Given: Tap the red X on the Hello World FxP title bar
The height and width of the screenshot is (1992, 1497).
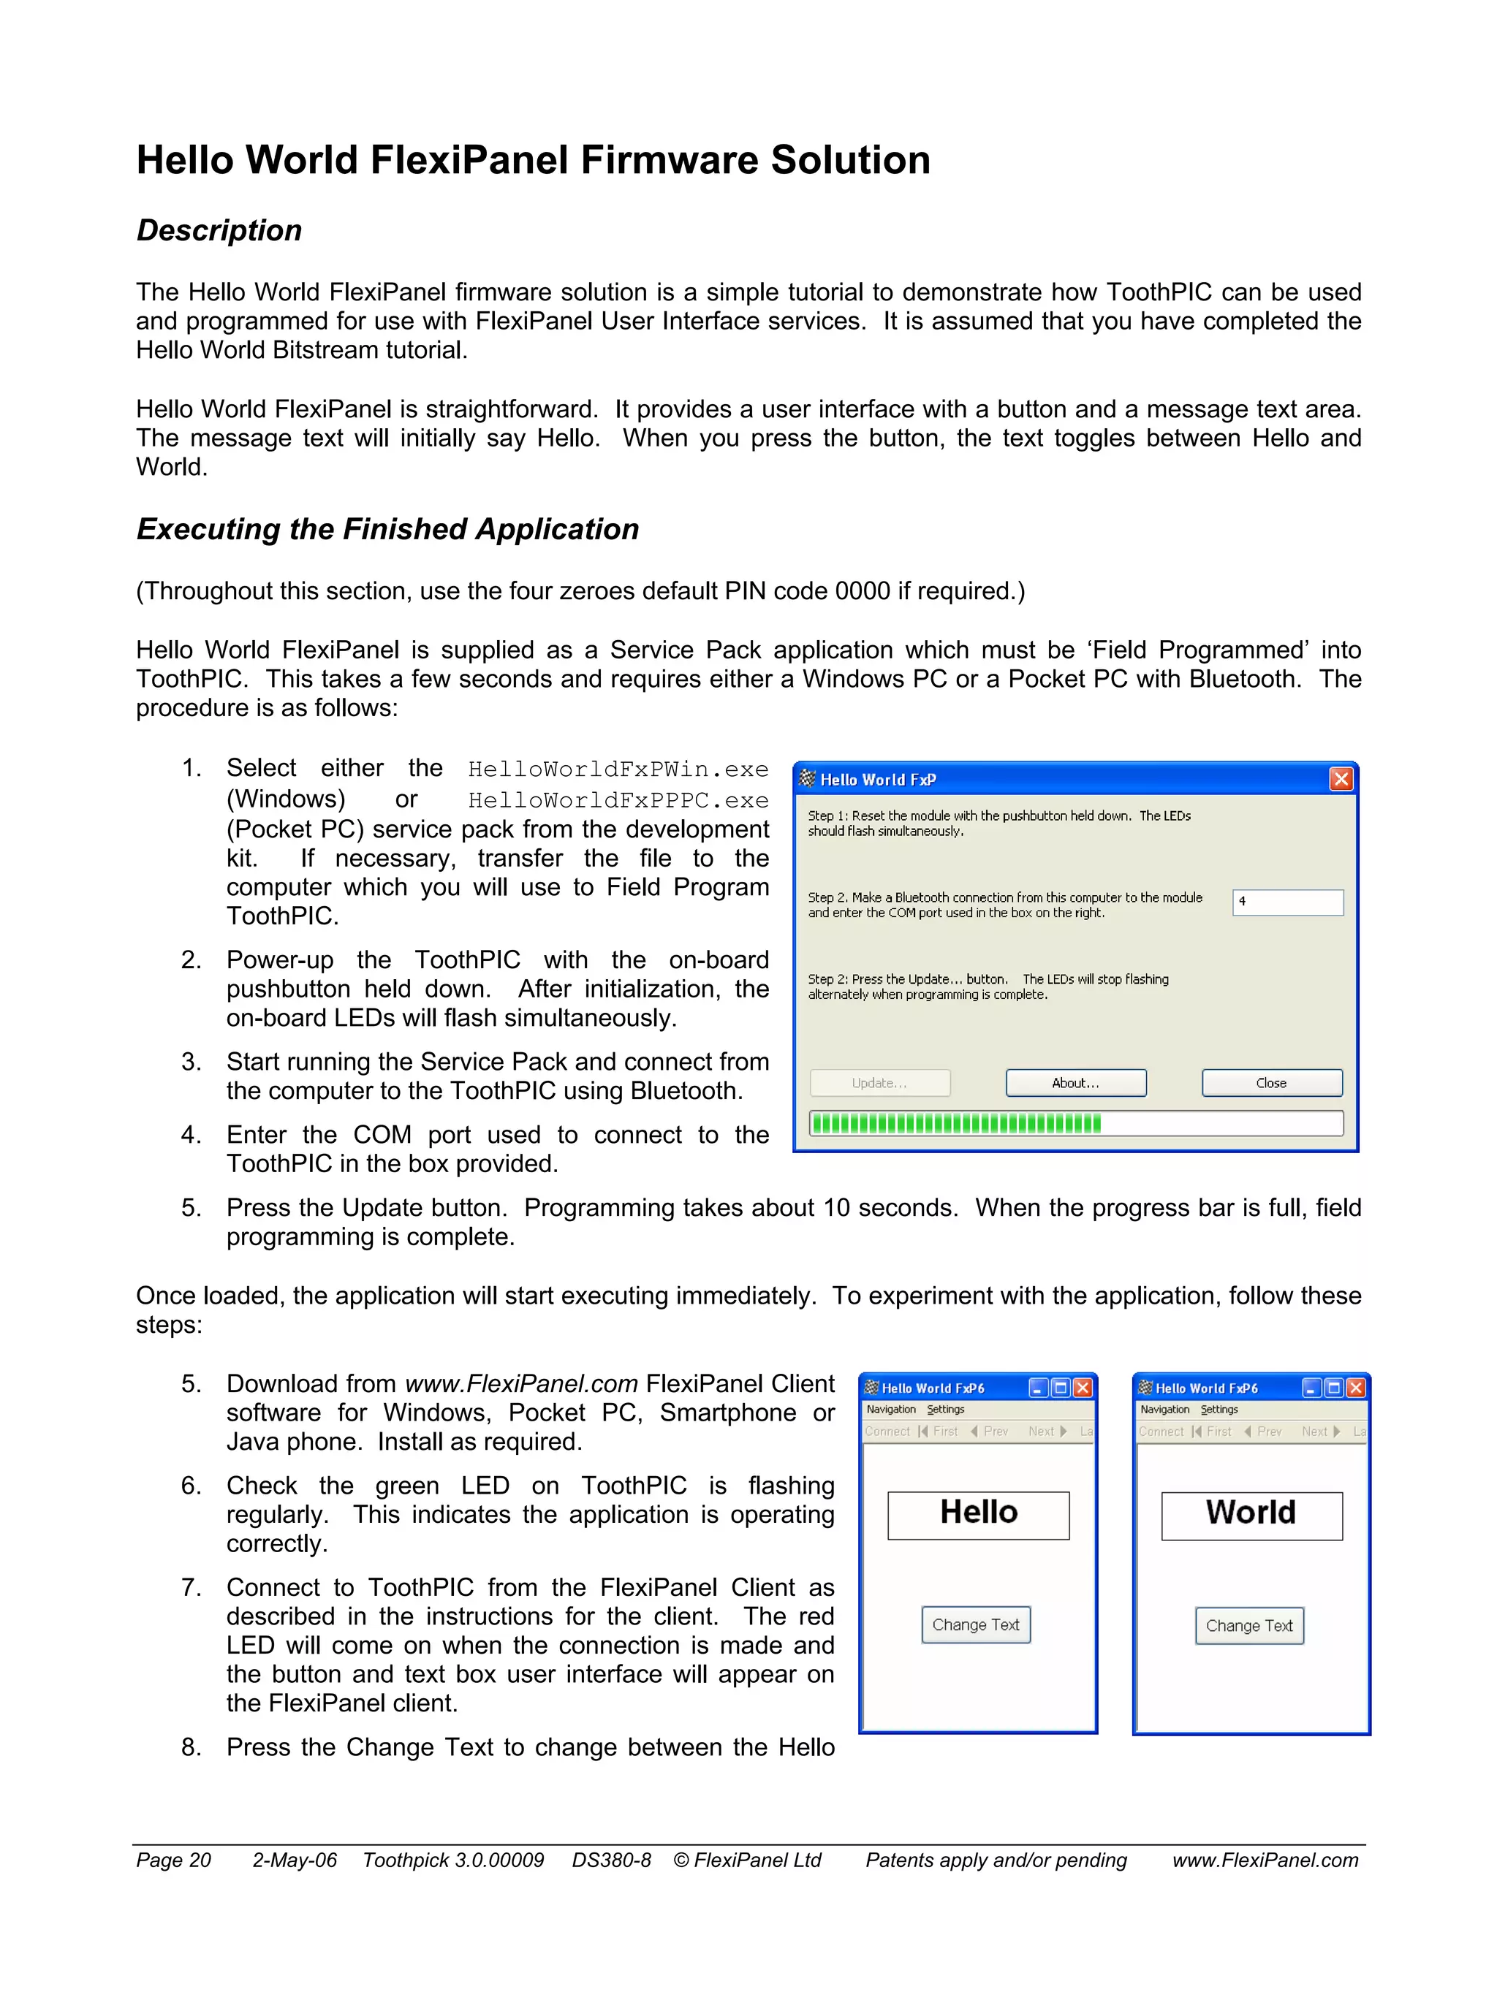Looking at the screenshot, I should click(x=1341, y=779).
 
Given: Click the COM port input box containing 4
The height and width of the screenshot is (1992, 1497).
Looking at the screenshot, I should click(x=1287, y=902).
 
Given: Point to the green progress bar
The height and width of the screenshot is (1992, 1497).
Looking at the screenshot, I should click(x=955, y=1123).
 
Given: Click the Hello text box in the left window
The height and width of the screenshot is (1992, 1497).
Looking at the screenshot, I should click(x=978, y=1515).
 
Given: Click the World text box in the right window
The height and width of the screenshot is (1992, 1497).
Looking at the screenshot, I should click(x=1251, y=1515).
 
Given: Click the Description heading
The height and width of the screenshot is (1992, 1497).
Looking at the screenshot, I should click(x=219, y=230).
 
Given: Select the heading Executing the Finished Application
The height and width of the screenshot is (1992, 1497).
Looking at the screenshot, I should click(x=387, y=530).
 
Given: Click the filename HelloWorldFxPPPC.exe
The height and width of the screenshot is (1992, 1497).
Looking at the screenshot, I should click(x=618, y=801).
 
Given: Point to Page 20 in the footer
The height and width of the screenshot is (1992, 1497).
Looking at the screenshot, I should click(x=173, y=1860).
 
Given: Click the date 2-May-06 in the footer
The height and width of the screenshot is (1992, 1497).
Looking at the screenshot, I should click(x=295, y=1860).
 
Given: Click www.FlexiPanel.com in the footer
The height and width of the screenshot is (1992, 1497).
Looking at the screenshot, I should click(x=1265, y=1860).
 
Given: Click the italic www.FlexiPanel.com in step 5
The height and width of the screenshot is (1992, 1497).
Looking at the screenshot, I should click(x=521, y=1384).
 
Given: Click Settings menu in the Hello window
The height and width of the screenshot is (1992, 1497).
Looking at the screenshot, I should click(x=946, y=1410).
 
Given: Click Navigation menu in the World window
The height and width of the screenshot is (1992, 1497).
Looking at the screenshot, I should click(x=1164, y=1410).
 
